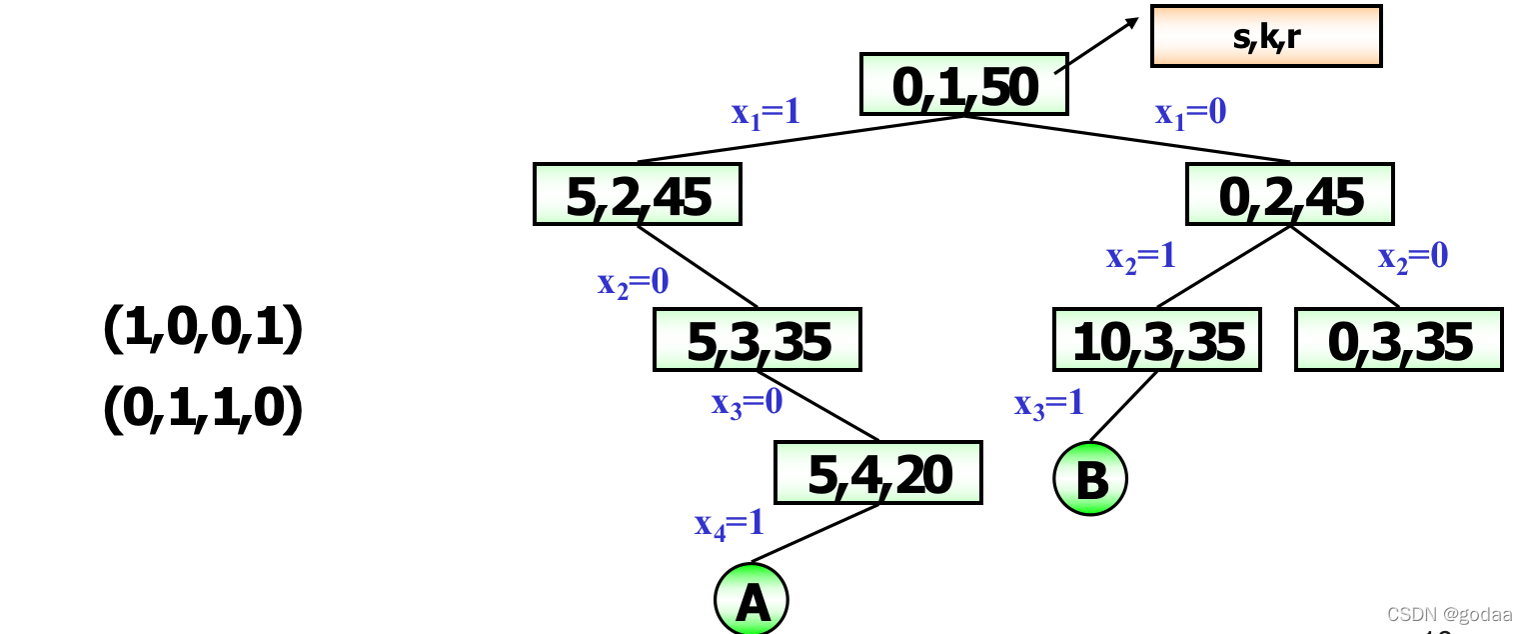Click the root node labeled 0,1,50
964,85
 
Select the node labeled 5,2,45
638,194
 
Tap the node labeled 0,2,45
1289,194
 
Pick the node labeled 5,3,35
758,339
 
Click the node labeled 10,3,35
1157,339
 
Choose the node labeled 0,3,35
1399,339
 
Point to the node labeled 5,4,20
878,473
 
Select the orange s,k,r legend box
1266,37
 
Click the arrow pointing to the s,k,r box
1097,44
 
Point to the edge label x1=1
765,113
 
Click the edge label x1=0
1190,113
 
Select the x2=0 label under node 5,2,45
633,283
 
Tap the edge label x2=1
1140,257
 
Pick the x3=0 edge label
747,403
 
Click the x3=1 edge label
1048,403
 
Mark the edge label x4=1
730,523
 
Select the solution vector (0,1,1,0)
203,410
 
